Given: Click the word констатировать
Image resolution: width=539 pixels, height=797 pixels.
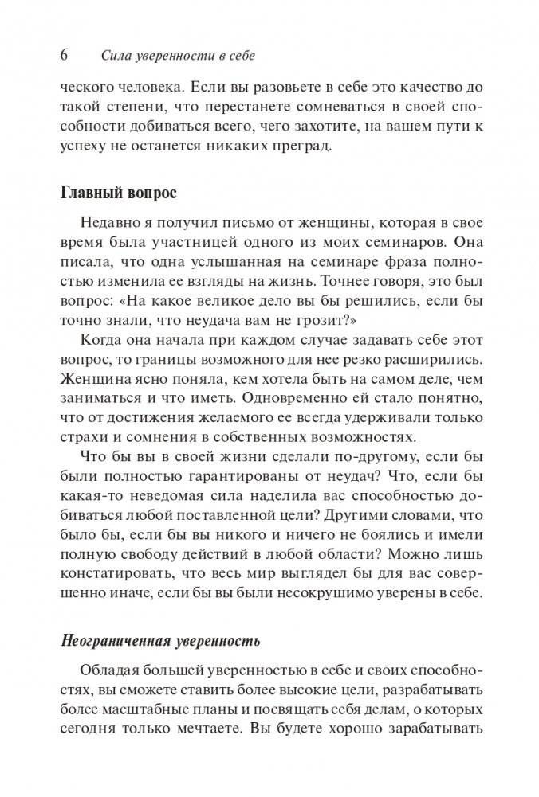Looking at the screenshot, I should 119,577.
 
